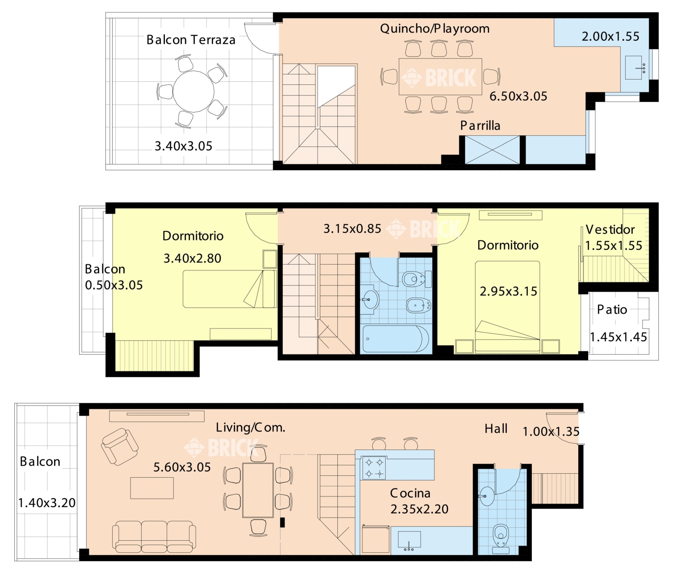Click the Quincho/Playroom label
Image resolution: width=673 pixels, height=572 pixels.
(x=435, y=29)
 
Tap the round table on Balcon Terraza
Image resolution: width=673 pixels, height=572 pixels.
(x=193, y=92)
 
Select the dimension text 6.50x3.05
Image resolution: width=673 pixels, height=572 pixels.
(x=518, y=97)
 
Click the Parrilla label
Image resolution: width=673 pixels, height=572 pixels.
(x=480, y=126)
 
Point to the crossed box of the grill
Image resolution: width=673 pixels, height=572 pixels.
(x=492, y=150)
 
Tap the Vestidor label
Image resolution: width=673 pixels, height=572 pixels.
(x=610, y=230)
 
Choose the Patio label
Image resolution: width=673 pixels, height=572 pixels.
(x=612, y=310)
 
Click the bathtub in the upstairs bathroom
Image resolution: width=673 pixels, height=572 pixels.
(x=395, y=339)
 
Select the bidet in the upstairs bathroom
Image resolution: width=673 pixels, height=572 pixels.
(x=419, y=305)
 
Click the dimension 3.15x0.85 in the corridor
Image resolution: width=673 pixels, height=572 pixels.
(x=352, y=229)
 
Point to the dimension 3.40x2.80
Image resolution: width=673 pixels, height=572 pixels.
(x=192, y=258)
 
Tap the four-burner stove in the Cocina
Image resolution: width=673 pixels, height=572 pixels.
(x=374, y=467)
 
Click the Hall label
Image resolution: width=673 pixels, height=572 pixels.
(x=496, y=429)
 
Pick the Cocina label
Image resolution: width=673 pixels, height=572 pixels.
(x=410, y=493)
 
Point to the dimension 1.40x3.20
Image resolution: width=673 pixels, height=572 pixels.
(x=47, y=503)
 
